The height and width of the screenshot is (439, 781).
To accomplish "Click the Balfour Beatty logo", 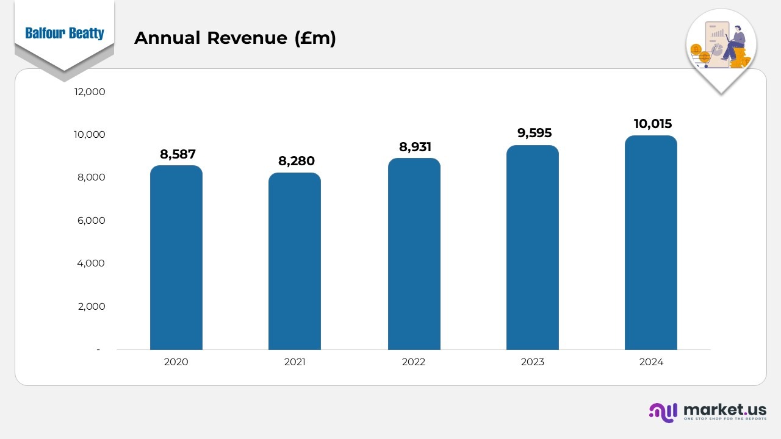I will (x=65, y=34).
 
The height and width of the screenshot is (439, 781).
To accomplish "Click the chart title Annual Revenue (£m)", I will (x=235, y=38).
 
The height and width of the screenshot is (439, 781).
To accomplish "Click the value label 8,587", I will (x=178, y=154).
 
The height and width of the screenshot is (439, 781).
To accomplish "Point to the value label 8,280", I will (x=297, y=161).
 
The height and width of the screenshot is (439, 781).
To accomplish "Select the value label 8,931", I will (x=415, y=147).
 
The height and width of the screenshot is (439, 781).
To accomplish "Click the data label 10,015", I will (x=652, y=124).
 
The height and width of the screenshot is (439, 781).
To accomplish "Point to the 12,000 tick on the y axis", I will (x=90, y=91).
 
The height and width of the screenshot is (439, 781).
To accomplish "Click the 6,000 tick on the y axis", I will (x=91, y=220).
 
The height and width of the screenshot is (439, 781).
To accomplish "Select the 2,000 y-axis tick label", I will (x=91, y=306).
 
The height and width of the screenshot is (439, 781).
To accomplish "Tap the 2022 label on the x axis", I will (x=414, y=362).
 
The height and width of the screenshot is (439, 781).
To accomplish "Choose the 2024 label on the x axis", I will (x=651, y=362).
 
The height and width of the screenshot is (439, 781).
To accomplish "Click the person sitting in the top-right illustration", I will (x=734, y=43).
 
